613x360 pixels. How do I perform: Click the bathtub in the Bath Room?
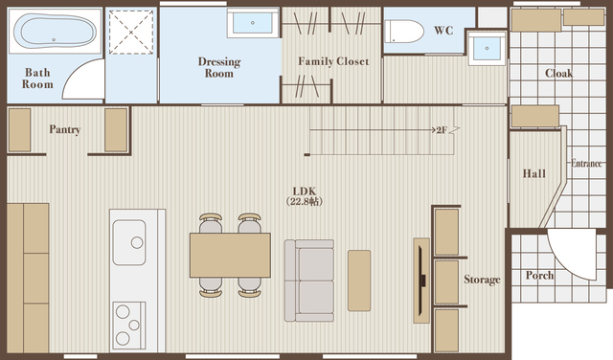55,32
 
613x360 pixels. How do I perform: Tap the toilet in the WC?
404,32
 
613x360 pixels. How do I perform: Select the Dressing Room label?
219,67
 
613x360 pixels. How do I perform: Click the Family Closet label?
333,61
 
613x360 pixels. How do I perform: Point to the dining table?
230,255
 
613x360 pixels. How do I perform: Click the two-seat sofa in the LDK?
309,281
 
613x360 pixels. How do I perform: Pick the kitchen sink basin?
129,242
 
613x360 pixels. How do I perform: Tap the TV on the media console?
421,281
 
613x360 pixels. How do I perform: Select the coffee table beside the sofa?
359,281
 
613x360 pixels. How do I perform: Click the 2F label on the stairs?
442,130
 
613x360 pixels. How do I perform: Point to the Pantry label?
65,129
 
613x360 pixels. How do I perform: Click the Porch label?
539,275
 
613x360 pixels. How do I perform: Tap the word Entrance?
586,163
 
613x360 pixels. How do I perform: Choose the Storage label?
482,280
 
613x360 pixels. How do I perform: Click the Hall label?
534,173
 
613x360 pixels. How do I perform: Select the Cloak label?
558,73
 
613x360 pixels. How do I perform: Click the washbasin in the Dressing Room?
253,23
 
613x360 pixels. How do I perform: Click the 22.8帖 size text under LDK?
305,202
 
